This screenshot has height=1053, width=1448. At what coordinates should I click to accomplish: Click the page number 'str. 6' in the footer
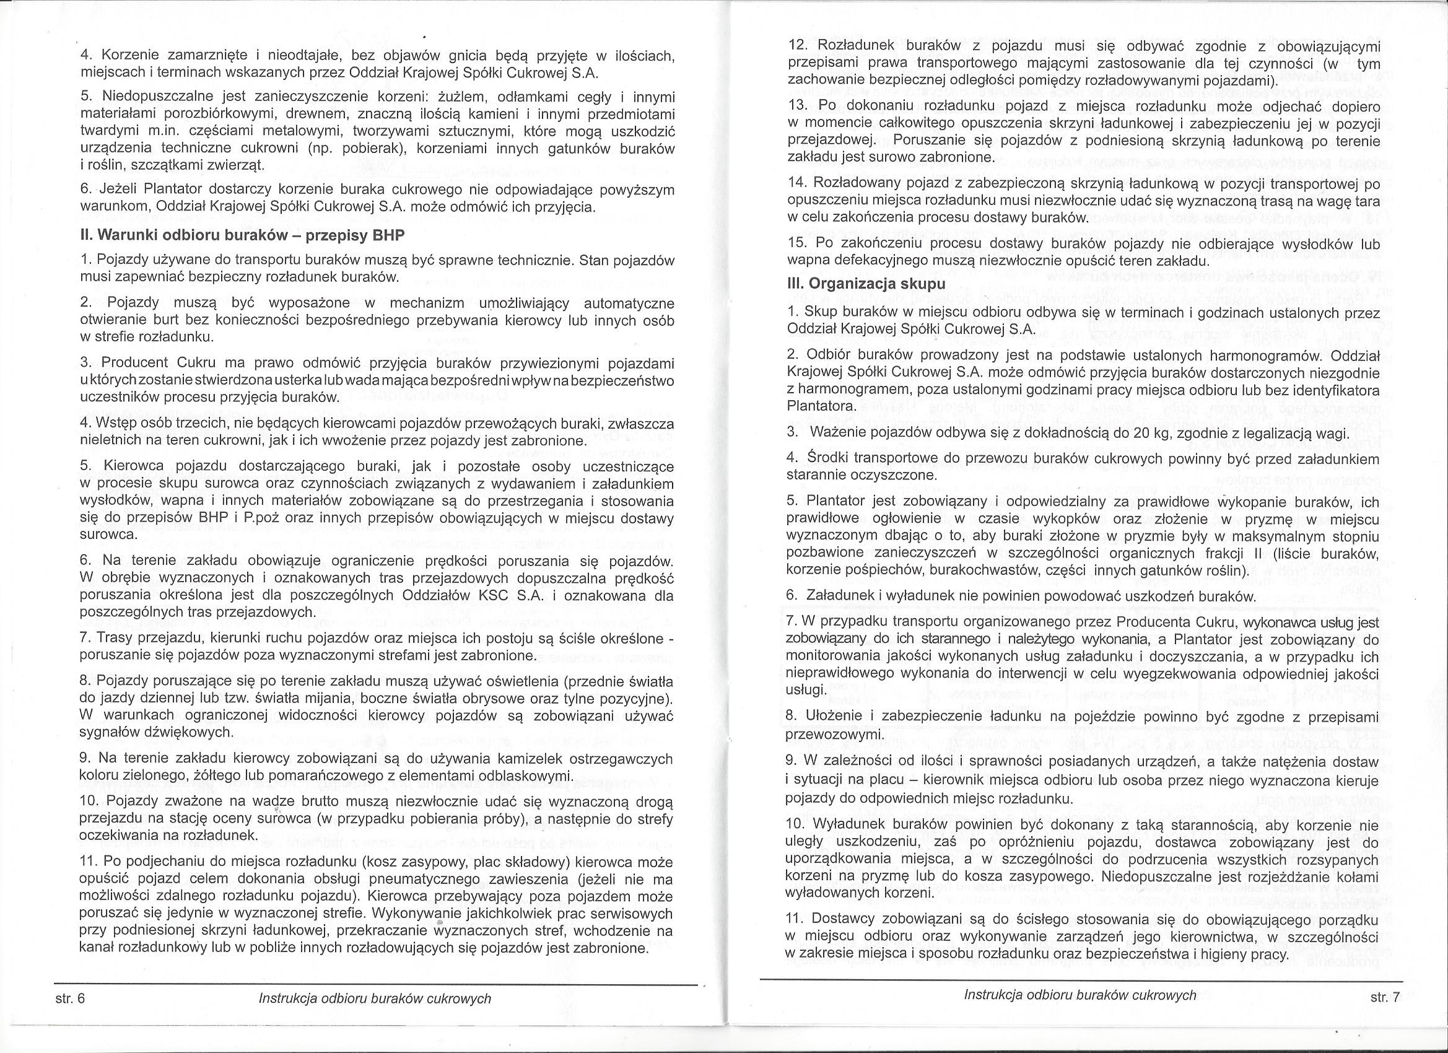[x=70, y=998]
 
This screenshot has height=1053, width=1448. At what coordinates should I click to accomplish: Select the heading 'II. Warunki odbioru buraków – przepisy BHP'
[x=242, y=235]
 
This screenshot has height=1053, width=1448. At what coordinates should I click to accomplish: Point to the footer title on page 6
[x=375, y=998]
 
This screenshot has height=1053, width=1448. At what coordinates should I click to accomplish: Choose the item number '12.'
[x=798, y=46]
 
